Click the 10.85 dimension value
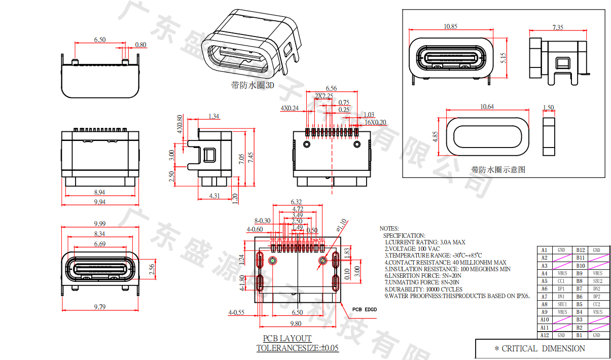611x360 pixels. coord(450,26)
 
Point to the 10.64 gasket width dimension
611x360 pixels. coord(487,106)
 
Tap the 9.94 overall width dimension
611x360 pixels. coord(99,202)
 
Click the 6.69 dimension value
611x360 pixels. coord(99,244)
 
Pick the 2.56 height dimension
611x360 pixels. coord(151,269)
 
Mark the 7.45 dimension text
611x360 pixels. coord(250,158)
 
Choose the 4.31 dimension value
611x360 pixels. coord(214,196)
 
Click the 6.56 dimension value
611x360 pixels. coord(331,89)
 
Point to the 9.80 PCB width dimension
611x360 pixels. coord(296,323)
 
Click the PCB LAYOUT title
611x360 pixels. coord(287,338)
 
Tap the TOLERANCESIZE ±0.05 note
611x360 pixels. coord(297,348)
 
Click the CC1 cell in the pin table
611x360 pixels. coord(561,281)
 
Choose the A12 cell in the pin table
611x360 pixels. coord(544,335)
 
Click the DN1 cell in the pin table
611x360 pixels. coord(561,297)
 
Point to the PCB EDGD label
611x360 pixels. coord(364,309)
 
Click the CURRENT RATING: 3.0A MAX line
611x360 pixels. coord(424,242)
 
